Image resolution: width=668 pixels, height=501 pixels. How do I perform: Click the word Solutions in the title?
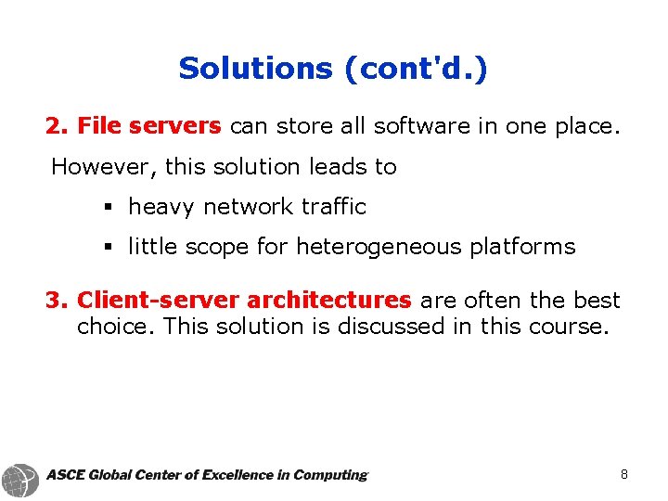click(x=255, y=68)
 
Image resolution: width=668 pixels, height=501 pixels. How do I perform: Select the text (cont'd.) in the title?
click(x=413, y=68)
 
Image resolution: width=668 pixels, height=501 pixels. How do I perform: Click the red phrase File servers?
click(x=148, y=125)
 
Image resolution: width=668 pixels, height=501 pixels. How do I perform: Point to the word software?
click(x=423, y=125)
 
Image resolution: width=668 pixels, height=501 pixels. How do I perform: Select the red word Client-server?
click(x=159, y=300)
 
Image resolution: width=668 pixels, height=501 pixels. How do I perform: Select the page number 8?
click(x=624, y=475)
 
